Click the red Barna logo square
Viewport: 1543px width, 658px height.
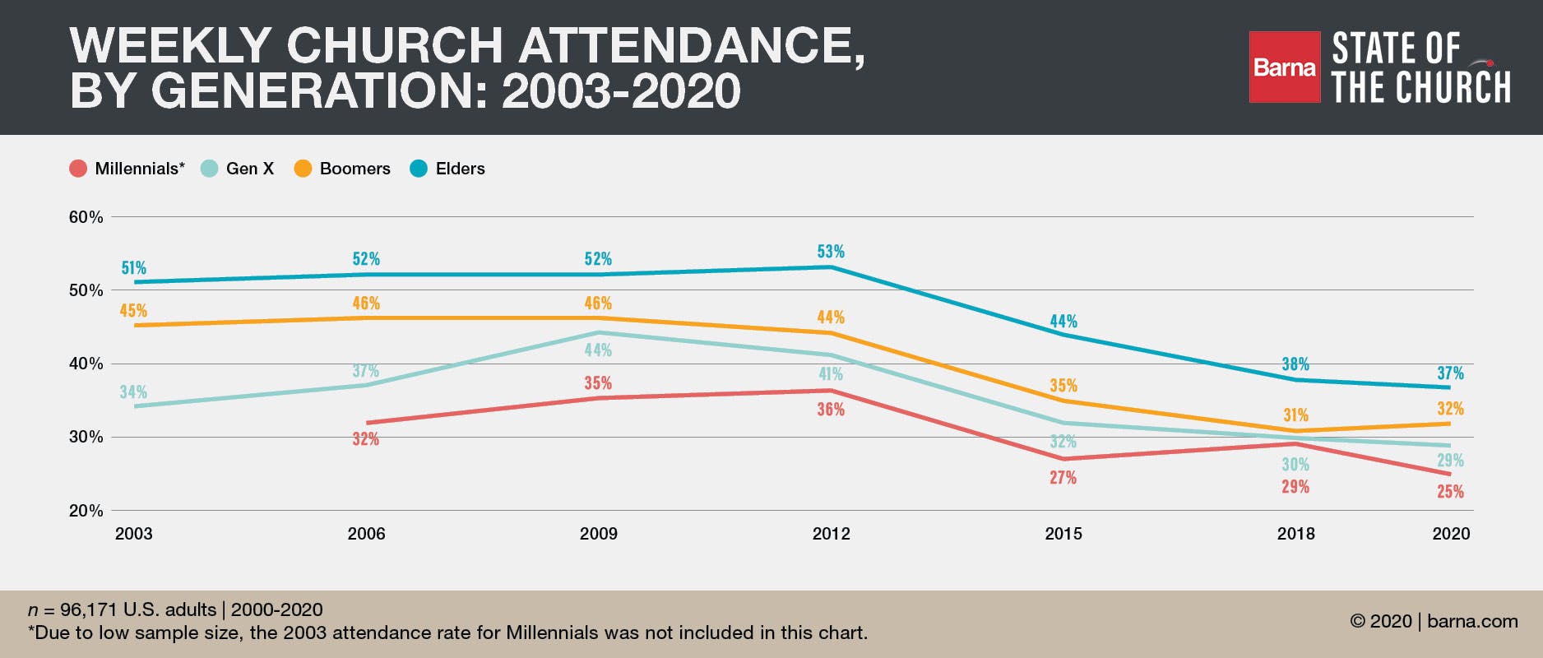click(1284, 67)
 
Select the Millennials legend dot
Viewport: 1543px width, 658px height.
click(78, 169)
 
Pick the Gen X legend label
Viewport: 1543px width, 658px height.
click(249, 169)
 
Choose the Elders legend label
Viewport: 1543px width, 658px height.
click(460, 169)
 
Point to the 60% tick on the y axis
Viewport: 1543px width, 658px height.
click(86, 217)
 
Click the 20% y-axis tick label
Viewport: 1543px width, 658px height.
click(86, 511)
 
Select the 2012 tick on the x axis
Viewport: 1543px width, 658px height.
click(831, 534)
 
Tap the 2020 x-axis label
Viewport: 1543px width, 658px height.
click(1451, 534)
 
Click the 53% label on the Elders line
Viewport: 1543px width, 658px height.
click(831, 252)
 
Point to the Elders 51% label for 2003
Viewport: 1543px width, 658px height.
click(133, 268)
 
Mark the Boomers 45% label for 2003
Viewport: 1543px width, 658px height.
click(133, 311)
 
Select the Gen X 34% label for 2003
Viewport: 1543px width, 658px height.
click(133, 392)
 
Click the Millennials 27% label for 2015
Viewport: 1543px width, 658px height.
click(1063, 478)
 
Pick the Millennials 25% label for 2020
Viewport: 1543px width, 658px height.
click(1450, 492)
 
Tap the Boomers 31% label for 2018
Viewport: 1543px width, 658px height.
click(1295, 415)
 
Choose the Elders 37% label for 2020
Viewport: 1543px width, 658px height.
click(1450, 373)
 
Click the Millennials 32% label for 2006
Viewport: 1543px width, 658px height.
click(366, 439)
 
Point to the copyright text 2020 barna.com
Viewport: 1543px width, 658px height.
click(1434, 621)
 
